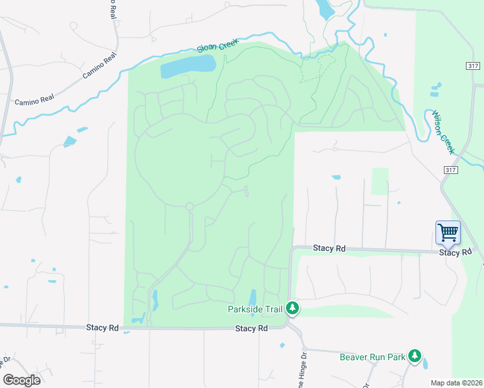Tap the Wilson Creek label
pyautogui.click(x=445, y=131)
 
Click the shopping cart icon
pyautogui.click(x=448, y=232)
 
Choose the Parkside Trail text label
pyautogui.click(x=255, y=309)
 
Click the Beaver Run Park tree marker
pyautogui.click(x=414, y=356)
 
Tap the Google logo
pyautogui.click(x=21, y=380)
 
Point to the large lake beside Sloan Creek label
pyautogui.click(x=188, y=65)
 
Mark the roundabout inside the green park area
pyautogui.click(x=190, y=207)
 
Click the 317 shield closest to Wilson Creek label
pyautogui.click(x=451, y=169)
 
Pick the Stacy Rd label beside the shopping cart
pyautogui.click(x=460, y=252)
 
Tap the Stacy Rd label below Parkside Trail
pyautogui.click(x=252, y=329)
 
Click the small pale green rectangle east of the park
pyautogui.click(x=380, y=181)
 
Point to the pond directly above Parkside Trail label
pyautogui.click(x=252, y=296)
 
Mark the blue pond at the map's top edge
pyautogui.click(x=322, y=8)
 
